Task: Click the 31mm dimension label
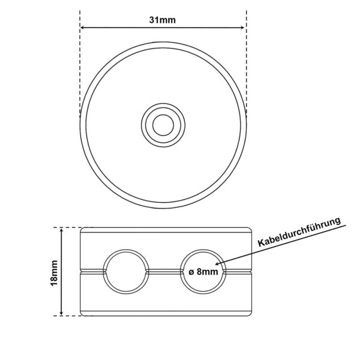coord(163,19)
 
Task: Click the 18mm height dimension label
coord(53,271)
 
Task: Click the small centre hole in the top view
coord(163,125)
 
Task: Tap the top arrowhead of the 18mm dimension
coord(61,230)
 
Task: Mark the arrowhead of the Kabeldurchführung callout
coord(218,264)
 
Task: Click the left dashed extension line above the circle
coord(80,60)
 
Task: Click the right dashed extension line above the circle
coord(246,60)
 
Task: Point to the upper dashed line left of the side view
coord(69,227)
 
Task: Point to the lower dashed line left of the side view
coord(69,316)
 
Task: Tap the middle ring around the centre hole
coord(163,113)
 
